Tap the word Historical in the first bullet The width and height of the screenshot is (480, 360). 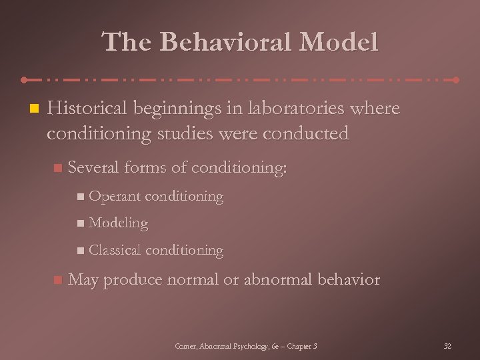click(90, 109)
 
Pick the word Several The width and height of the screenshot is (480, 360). click(95, 168)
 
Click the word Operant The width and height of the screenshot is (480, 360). click(114, 197)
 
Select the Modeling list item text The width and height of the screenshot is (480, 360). click(118, 223)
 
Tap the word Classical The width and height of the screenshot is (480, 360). click(115, 251)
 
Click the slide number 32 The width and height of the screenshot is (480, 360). click(447, 345)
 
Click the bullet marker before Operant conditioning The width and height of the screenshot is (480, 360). click(81, 197)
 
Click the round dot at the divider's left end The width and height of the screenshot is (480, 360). click(24, 79)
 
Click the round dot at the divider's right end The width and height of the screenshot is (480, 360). click(456, 79)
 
